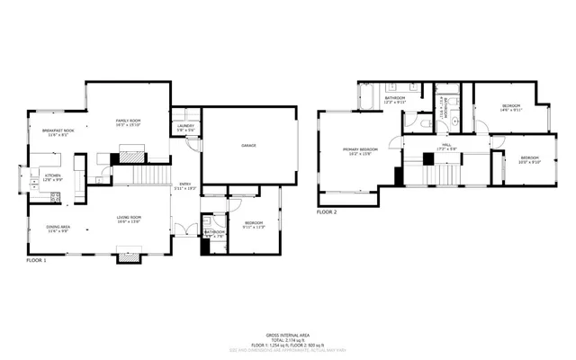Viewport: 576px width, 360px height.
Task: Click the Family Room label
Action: click(x=128, y=121)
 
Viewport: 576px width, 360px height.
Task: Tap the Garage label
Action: click(x=247, y=145)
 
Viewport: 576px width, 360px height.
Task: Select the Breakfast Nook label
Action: click(x=58, y=131)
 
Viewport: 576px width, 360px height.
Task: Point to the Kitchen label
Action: click(x=53, y=177)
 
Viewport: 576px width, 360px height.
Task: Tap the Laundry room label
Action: click(x=185, y=127)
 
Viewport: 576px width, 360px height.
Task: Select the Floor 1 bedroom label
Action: click(x=254, y=224)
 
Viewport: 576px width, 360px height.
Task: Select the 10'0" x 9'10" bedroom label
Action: click(x=529, y=161)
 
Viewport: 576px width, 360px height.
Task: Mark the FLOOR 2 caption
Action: click(x=327, y=212)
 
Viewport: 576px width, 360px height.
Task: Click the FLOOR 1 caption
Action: click(x=36, y=259)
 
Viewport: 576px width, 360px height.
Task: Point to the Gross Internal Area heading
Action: click(x=288, y=333)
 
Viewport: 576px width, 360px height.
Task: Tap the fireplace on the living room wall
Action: click(x=130, y=257)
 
